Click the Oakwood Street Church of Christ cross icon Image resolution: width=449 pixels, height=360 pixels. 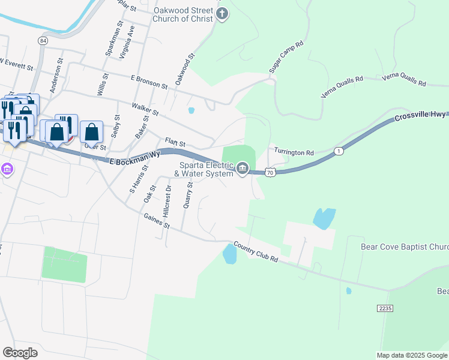[222, 14]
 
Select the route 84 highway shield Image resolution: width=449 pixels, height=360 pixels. [42, 40]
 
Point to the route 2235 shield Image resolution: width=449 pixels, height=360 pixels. [385, 308]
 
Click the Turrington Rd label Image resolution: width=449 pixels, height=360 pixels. [294, 152]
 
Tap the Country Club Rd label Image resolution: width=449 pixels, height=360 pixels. [256, 252]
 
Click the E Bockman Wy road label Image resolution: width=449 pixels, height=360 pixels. [135, 159]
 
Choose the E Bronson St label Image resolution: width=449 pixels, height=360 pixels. [149, 82]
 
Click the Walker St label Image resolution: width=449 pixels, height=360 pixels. [146, 109]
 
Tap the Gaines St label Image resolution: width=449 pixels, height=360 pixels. [156, 222]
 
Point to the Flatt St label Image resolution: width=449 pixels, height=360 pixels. [175, 144]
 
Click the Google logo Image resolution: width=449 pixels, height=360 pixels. [20, 353]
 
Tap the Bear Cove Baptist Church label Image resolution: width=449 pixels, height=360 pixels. [404, 247]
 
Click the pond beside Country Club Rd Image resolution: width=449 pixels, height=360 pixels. [229, 254]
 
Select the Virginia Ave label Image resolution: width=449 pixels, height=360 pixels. [125, 46]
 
